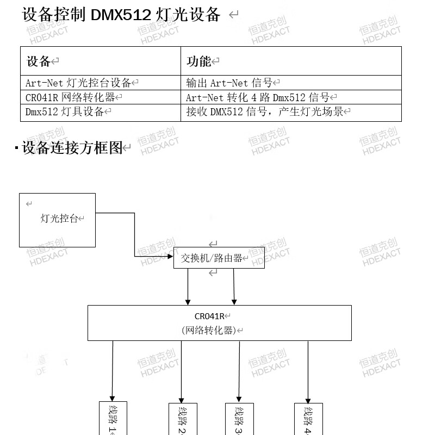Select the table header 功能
pos(199,61)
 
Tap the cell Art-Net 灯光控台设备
pos(79,83)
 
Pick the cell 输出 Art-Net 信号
pos(229,83)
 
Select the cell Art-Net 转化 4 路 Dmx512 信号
pos(258,98)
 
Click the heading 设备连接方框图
pos(72,148)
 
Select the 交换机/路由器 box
pos(219,258)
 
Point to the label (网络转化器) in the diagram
pos(208,330)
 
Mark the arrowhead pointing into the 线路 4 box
pos(308,399)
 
